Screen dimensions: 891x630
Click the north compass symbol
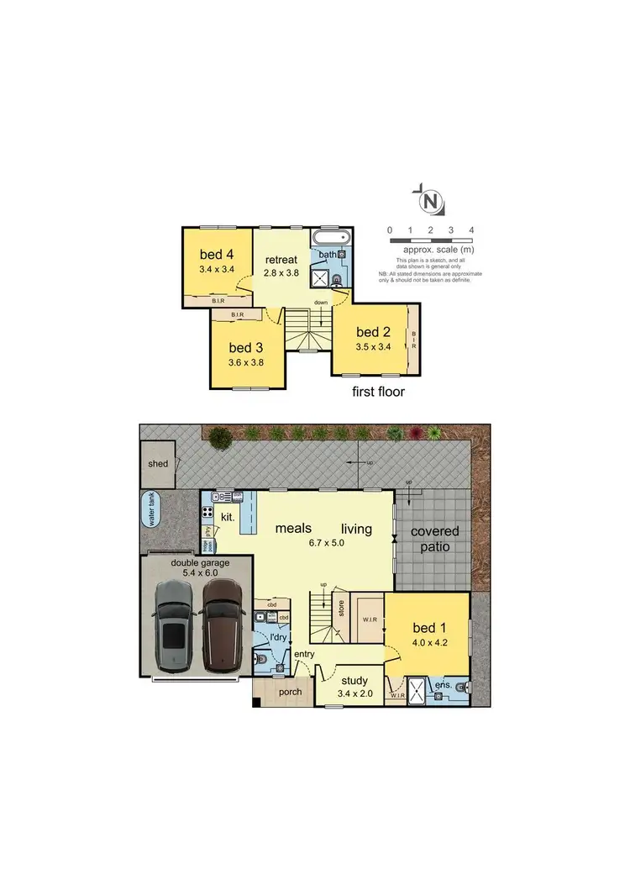point(430,202)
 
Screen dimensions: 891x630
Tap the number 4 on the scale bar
point(472,229)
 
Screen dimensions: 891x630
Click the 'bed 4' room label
point(216,255)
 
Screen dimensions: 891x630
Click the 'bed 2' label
point(374,331)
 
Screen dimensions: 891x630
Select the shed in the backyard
point(158,464)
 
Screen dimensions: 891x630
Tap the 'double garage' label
point(200,562)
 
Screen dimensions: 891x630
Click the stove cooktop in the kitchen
point(207,510)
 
